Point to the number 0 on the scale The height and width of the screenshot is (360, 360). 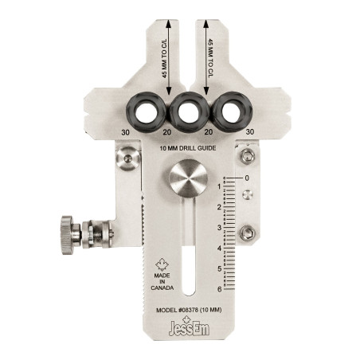pos(247,178)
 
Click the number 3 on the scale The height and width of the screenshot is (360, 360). pos(220,228)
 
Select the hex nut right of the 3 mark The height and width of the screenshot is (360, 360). pos(248,233)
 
